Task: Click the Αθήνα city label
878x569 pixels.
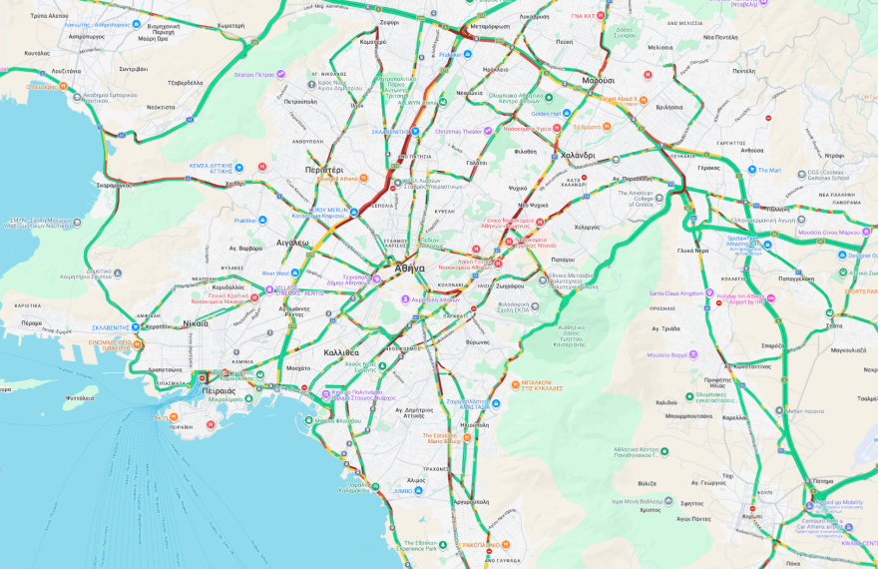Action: pyautogui.click(x=409, y=269)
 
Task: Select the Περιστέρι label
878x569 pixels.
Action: pyautogui.click(x=324, y=171)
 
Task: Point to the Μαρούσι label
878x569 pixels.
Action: pyautogui.click(x=599, y=80)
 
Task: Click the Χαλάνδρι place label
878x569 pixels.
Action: pyautogui.click(x=578, y=156)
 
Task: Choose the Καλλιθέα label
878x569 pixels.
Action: pyautogui.click(x=341, y=353)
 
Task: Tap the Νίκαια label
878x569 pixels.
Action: pyautogui.click(x=196, y=323)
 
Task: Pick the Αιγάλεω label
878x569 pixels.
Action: pyautogui.click(x=292, y=243)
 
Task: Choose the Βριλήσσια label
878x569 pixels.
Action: pyautogui.click(x=677, y=106)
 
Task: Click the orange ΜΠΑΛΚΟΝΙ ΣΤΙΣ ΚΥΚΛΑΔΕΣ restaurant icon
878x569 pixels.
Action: pyautogui.click(x=514, y=382)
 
